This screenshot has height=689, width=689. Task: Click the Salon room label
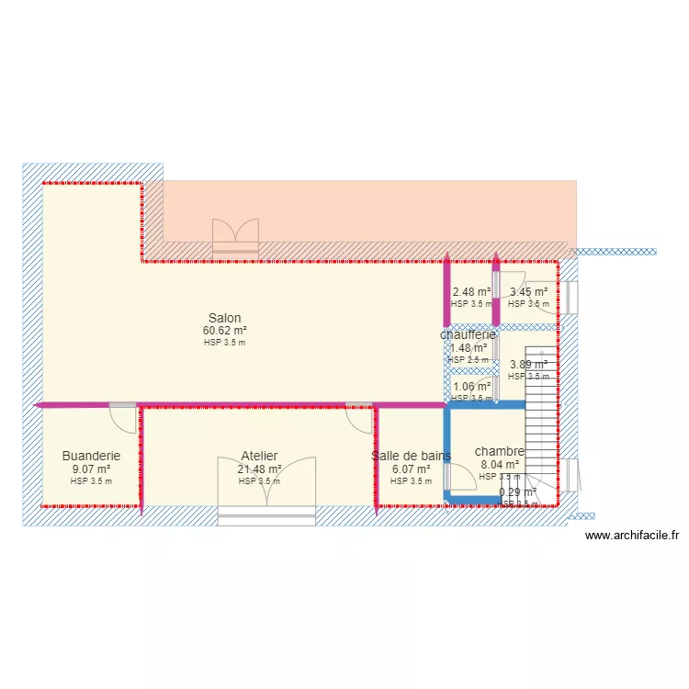click(224, 319)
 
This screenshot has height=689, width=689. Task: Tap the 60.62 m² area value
click(224, 331)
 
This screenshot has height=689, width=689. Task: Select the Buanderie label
click(91, 456)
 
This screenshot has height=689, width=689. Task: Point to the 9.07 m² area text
click(91, 469)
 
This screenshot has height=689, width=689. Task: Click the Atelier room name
click(259, 456)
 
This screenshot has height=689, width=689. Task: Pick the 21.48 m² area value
click(259, 469)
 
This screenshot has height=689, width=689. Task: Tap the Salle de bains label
click(411, 456)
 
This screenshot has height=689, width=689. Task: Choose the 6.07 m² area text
click(411, 469)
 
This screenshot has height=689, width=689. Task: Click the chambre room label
click(500, 451)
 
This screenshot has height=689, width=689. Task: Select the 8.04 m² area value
click(500, 465)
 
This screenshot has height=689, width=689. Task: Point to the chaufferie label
click(468, 335)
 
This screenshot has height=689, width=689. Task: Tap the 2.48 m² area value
click(471, 292)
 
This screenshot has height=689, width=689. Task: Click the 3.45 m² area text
click(528, 292)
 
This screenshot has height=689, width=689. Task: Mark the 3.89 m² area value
click(528, 364)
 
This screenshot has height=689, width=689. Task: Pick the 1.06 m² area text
click(471, 387)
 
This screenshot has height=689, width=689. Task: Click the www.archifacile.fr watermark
click(631, 536)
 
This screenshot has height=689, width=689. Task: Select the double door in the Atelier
click(265, 482)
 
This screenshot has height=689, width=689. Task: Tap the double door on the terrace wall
click(235, 233)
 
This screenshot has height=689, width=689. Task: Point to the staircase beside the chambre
click(542, 404)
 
